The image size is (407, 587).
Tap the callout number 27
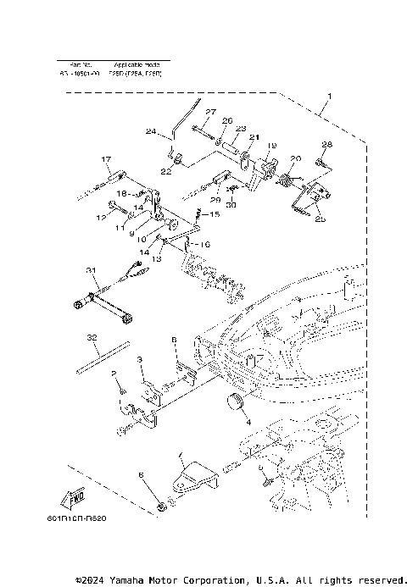[210, 113]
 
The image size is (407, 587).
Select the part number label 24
[151, 131]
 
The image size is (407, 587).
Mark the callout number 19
[271, 147]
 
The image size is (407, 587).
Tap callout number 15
[213, 216]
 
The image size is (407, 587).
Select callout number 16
[205, 244]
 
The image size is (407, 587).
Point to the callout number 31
[91, 270]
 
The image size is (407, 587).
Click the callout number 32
[92, 336]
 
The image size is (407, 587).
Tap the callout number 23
[241, 129]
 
